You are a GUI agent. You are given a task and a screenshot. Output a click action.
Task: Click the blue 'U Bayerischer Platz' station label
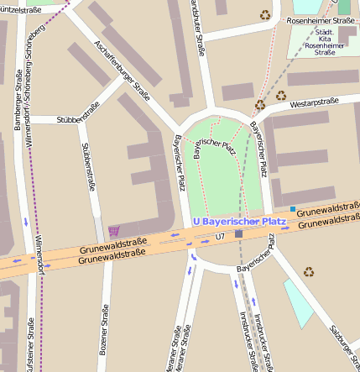pos(239,222)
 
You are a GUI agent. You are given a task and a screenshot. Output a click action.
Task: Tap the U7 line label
pos(220,237)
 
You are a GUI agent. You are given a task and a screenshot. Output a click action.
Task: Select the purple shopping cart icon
pos(114,231)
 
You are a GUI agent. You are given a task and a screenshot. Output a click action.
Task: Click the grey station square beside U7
pos(239,234)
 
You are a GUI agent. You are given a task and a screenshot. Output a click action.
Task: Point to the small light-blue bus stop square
pos(292,208)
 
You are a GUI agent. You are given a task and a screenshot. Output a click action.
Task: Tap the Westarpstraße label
pos(314,103)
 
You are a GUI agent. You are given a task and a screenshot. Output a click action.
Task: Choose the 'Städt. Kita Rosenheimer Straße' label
pos(324,41)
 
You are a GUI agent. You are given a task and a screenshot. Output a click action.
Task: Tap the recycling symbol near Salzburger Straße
pos(309,271)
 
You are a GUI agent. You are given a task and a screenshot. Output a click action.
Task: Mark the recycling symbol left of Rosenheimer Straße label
pos(265,14)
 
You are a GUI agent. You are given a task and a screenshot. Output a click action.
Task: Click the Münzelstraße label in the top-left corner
pos(20,8)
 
